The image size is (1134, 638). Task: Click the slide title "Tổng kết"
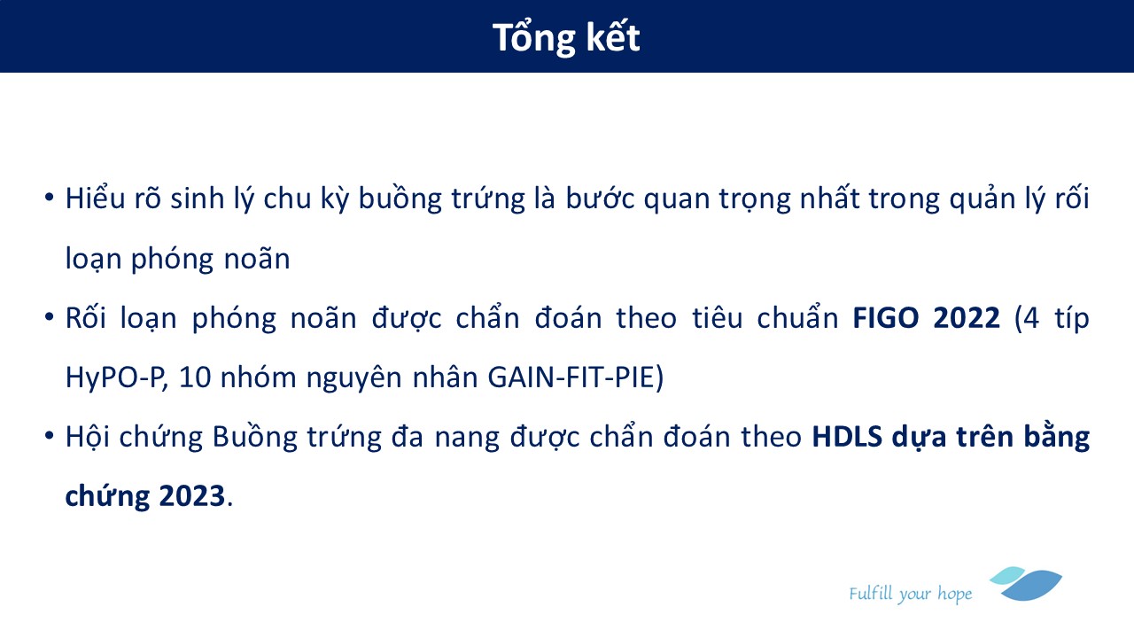pos(566,37)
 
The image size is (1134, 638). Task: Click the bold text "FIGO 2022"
pos(926,318)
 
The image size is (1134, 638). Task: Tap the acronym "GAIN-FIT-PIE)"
pos(576,377)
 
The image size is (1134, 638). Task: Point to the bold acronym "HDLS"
pos(847,437)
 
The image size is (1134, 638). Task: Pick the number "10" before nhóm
pos(195,377)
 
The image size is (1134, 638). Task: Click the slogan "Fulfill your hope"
pos(910,594)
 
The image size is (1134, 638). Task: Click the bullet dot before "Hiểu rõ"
pos(49,197)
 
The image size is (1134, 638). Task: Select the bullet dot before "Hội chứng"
pos(49,435)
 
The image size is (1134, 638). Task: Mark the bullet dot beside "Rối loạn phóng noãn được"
pos(49,317)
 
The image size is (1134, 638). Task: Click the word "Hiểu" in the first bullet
pos(95,198)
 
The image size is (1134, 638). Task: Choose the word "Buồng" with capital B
pos(254,438)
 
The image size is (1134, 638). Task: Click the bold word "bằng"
pos(1057,437)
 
